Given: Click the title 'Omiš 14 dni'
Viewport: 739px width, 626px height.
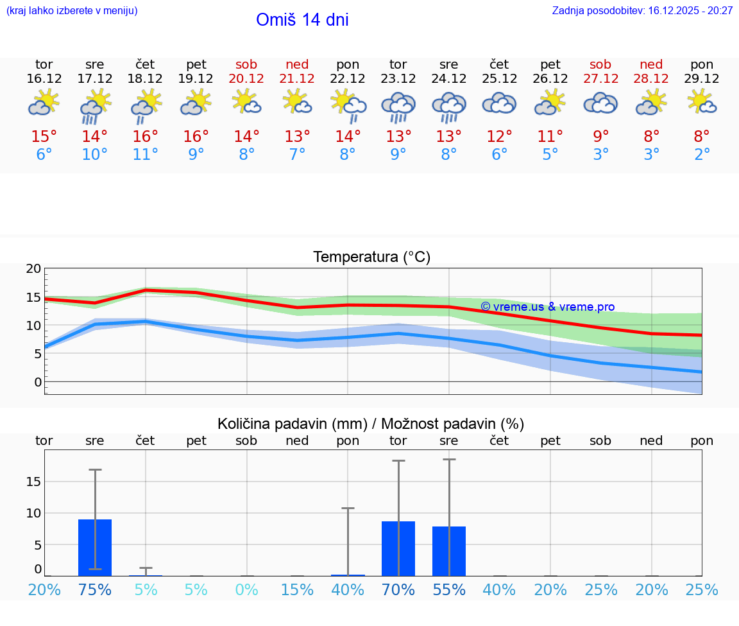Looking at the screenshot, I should (x=302, y=20).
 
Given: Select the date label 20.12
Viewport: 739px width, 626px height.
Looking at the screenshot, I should (x=246, y=79).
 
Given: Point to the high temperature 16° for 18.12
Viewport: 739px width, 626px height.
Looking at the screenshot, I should (x=146, y=137).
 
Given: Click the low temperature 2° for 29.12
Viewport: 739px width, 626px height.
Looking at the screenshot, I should (x=702, y=155).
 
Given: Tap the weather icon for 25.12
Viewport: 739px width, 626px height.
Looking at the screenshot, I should (x=499, y=104).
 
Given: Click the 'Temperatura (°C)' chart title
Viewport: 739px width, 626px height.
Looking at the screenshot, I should (x=372, y=257).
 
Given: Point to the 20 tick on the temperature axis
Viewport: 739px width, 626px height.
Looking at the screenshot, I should (x=33, y=269).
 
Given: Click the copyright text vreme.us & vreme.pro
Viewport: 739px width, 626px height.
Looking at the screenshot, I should (x=548, y=307).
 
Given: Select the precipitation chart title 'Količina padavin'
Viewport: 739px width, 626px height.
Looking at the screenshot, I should (x=371, y=424).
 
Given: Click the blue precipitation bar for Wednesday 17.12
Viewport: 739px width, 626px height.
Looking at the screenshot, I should (x=95, y=548).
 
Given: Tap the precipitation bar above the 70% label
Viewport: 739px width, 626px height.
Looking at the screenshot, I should (x=398, y=549).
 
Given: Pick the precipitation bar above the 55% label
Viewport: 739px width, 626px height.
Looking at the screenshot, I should (x=449, y=551).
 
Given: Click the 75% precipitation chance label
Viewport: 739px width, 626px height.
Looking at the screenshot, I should (x=95, y=590).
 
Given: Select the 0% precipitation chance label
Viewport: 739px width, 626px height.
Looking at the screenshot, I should (x=246, y=590).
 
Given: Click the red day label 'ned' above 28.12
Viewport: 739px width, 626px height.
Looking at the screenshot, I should (x=651, y=65).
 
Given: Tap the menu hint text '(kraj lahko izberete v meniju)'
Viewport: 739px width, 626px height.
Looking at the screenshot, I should (x=72, y=11).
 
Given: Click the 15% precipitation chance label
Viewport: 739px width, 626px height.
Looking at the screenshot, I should (x=297, y=590).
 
